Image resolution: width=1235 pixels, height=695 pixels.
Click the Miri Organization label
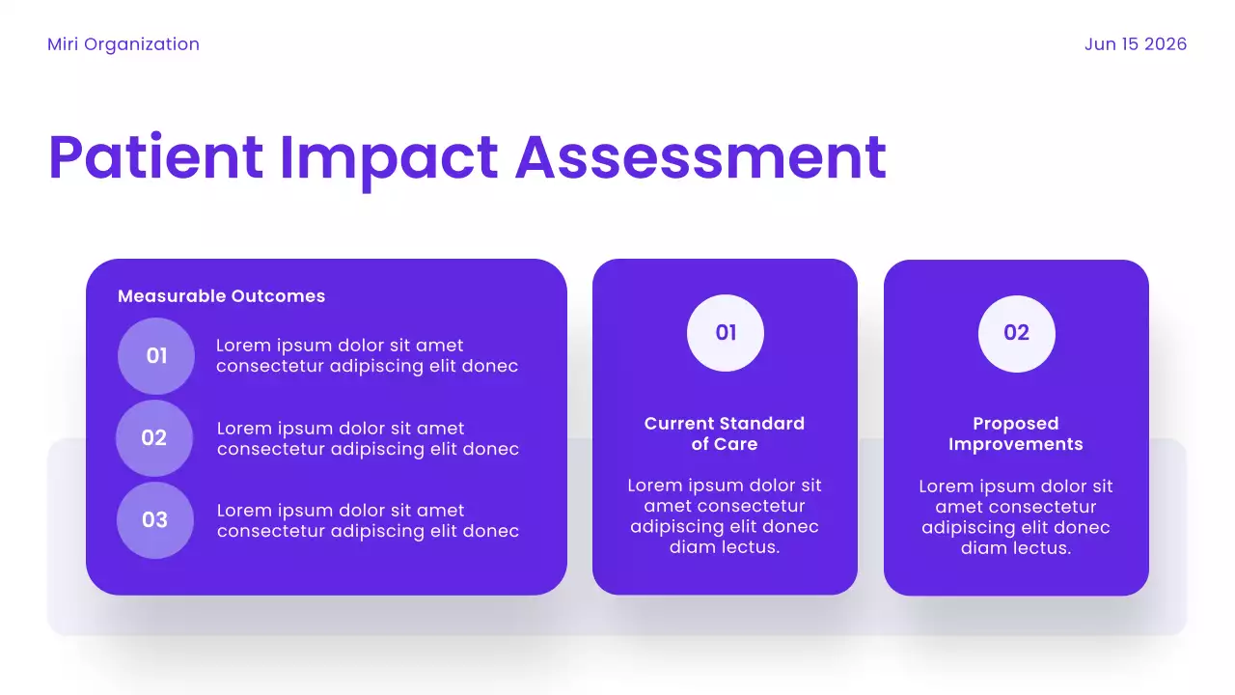(123, 44)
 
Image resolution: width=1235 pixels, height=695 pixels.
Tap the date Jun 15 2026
(1135, 44)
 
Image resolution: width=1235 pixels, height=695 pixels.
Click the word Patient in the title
(155, 157)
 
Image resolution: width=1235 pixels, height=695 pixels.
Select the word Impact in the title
(388, 157)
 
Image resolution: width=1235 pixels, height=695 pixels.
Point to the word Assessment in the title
(700, 157)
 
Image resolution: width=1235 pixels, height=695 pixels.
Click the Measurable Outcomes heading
(221, 296)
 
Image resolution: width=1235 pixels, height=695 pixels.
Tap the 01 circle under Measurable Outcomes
(156, 356)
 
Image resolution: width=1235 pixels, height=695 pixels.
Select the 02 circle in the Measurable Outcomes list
(154, 438)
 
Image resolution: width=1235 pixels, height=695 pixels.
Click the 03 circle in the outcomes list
(155, 520)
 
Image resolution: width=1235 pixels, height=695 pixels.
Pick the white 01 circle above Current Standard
(726, 333)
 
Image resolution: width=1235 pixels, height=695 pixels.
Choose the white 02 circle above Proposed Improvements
(1017, 333)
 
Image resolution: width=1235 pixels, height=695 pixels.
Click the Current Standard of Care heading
(725, 434)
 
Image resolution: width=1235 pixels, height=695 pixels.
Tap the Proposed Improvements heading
(1016, 434)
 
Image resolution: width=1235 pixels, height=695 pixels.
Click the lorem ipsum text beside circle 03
(368, 521)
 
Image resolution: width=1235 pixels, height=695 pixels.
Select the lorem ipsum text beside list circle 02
(368, 439)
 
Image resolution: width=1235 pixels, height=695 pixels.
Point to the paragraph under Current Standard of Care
(725, 516)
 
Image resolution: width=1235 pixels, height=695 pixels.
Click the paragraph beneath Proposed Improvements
(1016, 517)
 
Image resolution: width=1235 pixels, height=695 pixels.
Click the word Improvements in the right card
(1016, 445)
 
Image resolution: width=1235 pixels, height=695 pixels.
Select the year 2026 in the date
(1166, 44)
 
